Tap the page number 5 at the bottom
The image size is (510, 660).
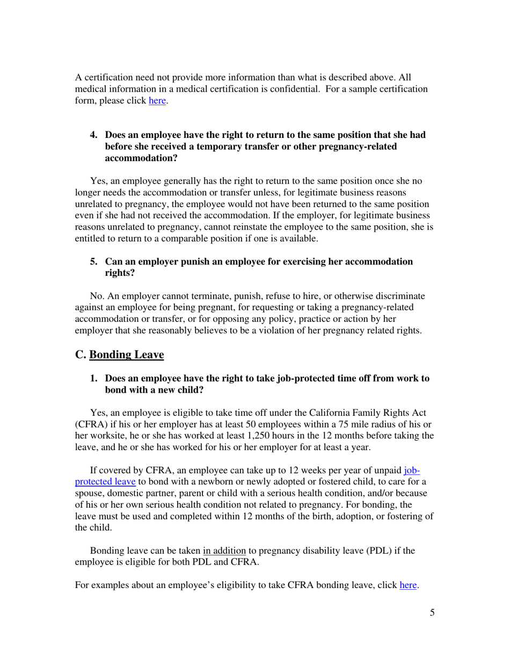coord(432,614)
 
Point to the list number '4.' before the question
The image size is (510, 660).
coord(93,135)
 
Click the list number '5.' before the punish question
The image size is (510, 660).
coord(93,262)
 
